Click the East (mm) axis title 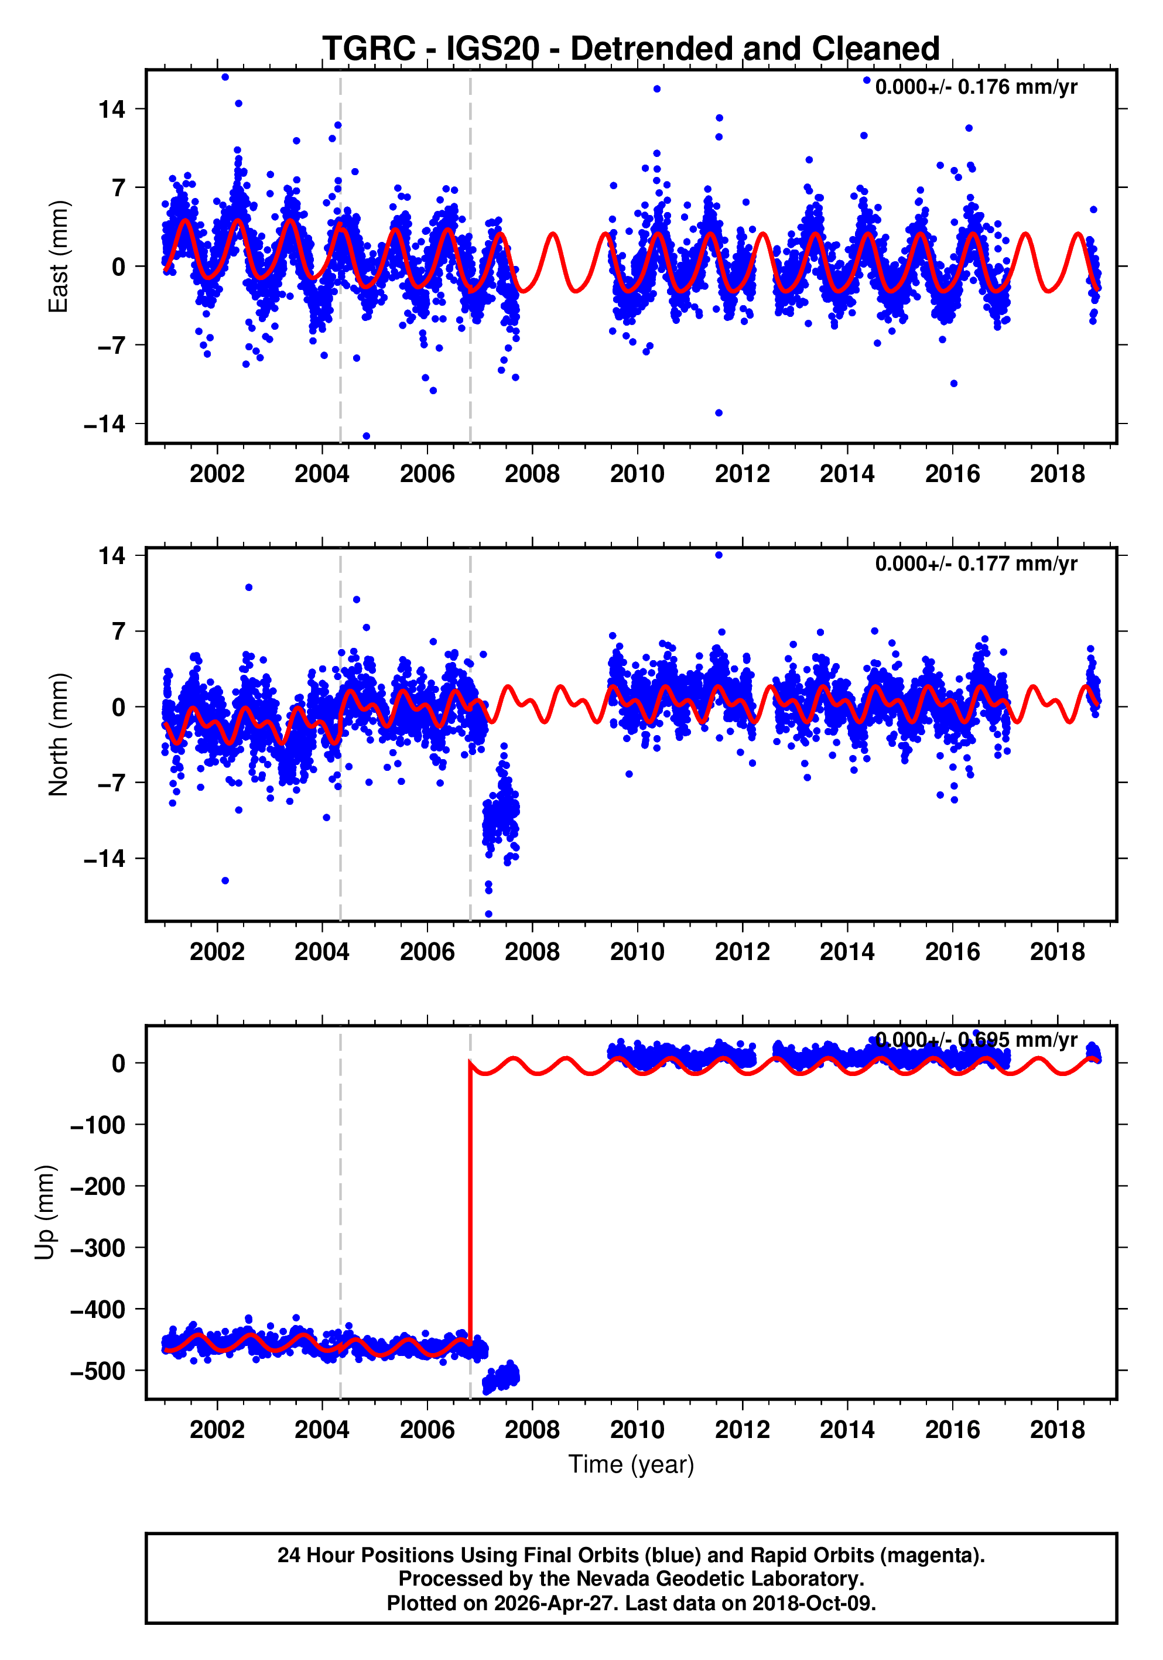[x=58, y=257]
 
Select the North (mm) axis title [x=58, y=735]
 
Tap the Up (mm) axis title [x=45, y=1212]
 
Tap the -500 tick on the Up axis [x=98, y=1371]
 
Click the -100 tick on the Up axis [x=98, y=1125]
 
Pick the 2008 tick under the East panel [x=532, y=474]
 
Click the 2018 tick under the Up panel [x=1058, y=1429]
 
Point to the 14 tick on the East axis [x=112, y=110]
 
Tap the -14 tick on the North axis [x=105, y=859]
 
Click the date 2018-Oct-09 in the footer [x=813, y=1603]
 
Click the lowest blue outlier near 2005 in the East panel [x=367, y=436]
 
